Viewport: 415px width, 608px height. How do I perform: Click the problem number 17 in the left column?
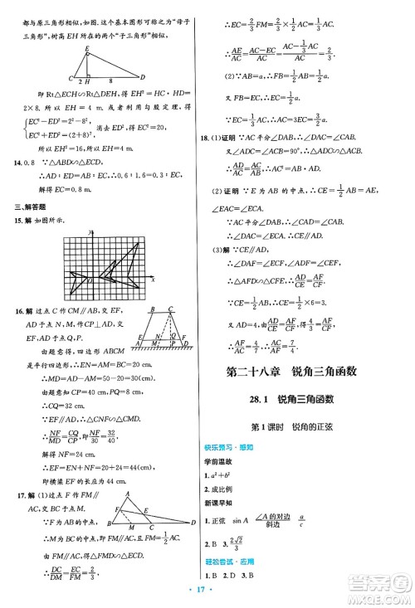(x=17, y=473)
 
